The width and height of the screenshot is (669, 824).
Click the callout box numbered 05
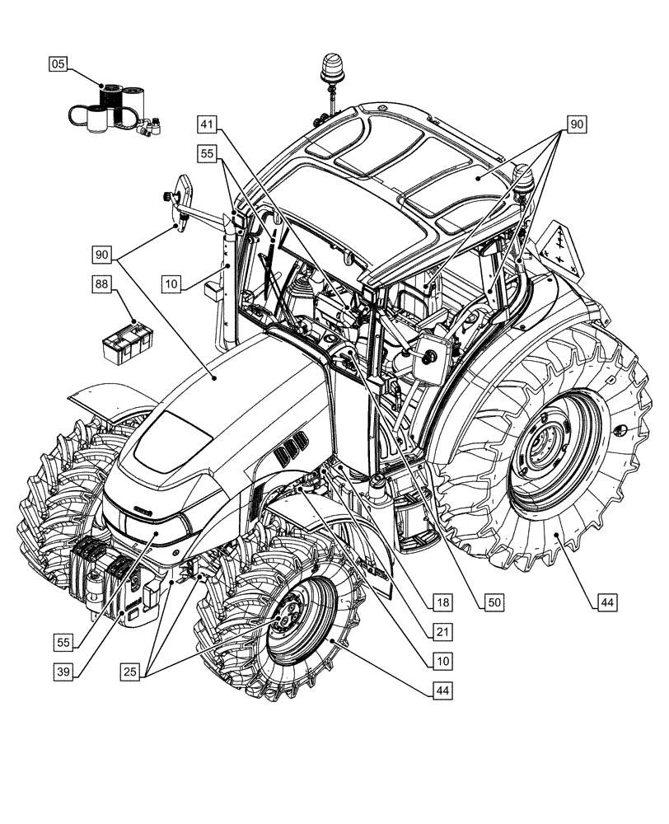coord(58,63)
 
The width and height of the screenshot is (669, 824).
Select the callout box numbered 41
coord(208,125)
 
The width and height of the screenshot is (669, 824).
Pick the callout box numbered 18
coord(443,602)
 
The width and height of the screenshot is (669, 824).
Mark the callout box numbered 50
coord(494,602)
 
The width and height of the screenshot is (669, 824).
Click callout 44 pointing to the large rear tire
coord(606,602)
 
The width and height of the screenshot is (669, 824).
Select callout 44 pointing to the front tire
coord(443,690)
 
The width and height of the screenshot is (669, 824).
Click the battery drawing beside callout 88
coord(128,341)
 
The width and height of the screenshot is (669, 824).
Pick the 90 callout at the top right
coord(576,125)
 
